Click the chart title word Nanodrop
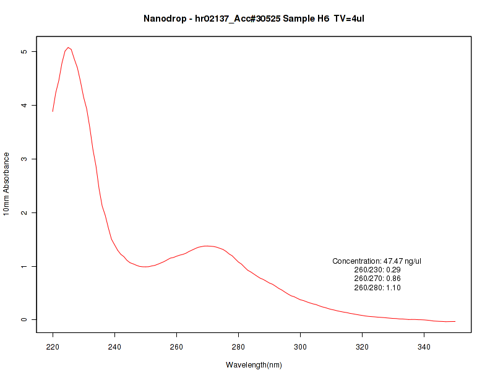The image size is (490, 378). click(x=164, y=19)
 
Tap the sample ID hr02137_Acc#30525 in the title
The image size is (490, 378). click(x=237, y=19)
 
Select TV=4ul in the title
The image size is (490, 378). click(x=353, y=19)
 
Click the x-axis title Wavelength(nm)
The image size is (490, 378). click(x=254, y=365)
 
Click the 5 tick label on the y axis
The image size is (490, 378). click(x=24, y=51)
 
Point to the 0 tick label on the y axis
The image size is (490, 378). click(x=24, y=320)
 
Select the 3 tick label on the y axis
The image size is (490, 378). click(x=24, y=159)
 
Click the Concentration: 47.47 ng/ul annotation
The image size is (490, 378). click(x=377, y=261)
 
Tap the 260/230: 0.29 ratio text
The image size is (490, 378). click(x=377, y=270)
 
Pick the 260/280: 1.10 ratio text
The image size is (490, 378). click(x=377, y=288)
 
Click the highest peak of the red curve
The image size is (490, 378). click(x=68, y=47)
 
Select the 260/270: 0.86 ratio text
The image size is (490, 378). click(x=377, y=279)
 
